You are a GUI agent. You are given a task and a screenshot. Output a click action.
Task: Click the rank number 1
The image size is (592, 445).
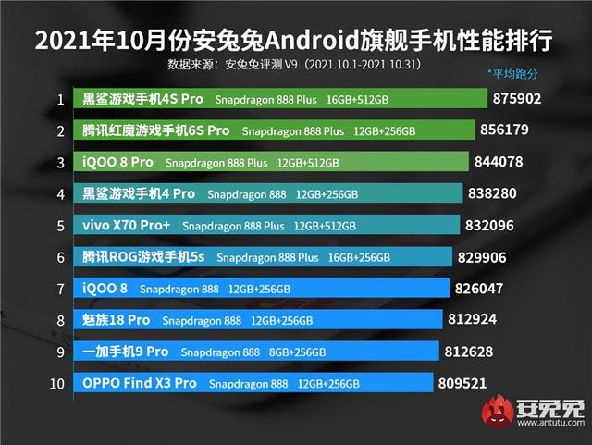point(60,99)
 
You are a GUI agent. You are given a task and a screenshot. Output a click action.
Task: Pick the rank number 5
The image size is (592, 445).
point(60,226)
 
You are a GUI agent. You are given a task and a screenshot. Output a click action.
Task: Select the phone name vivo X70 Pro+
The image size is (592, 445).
point(127,226)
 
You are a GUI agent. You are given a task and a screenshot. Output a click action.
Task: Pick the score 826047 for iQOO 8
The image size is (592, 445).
point(480,289)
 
